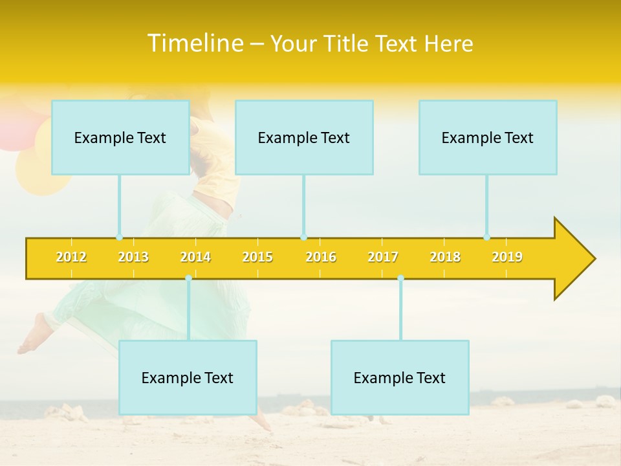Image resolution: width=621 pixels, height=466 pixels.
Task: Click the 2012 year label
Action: [x=71, y=257]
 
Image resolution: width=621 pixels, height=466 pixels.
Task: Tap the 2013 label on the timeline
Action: [x=133, y=257]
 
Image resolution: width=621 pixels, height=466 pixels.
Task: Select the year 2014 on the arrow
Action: [x=195, y=257]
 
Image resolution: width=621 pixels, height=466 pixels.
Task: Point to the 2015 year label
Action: [x=257, y=257]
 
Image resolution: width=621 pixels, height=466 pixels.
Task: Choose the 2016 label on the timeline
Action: [x=321, y=257]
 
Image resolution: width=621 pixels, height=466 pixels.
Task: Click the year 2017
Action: [x=383, y=257]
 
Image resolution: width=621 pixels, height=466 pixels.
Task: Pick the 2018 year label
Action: [x=445, y=257]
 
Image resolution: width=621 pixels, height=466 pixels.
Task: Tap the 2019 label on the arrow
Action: [x=507, y=257]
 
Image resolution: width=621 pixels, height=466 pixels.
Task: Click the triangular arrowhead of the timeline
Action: [x=572, y=259]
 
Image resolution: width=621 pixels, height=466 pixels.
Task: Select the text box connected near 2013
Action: [x=120, y=137]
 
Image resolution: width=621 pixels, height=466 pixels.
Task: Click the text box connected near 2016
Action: [x=304, y=137]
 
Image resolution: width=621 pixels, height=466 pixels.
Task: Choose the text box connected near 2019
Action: [x=488, y=137]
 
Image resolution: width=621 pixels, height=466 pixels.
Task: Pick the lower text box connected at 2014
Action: [x=188, y=377]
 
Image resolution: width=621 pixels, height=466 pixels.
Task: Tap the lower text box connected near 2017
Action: [x=400, y=377]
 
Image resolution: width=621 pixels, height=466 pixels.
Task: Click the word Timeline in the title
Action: [x=195, y=43]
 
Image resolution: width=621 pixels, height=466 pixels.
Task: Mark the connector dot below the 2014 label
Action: [x=188, y=278]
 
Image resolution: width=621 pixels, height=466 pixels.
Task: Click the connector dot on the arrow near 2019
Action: [x=487, y=238]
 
